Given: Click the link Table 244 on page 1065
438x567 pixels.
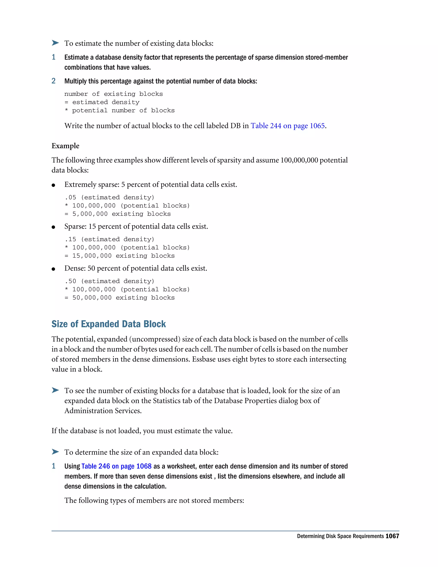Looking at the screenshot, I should click(x=287, y=126).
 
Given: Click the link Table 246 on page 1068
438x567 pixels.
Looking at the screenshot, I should click(x=116, y=466).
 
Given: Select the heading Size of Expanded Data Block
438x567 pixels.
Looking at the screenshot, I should click(x=108, y=324).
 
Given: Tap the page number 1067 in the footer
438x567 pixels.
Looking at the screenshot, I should click(x=392, y=536).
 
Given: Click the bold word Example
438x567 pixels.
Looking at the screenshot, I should click(x=65, y=146).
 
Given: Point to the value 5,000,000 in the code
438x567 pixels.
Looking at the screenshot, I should click(x=90, y=214).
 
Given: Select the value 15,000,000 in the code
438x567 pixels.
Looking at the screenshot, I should click(x=92, y=256).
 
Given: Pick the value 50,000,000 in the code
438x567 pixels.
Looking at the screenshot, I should click(x=92, y=298).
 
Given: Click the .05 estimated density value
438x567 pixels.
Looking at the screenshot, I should click(x=70, y=197).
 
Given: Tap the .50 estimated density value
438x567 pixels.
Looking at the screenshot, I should click(x=70, y=281).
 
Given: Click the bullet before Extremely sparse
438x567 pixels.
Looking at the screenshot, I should click(x=53, y=185).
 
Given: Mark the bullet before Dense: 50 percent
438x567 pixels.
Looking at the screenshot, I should click(x=53, y=269).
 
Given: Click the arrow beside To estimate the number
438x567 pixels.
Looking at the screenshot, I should click(x=55, y=43).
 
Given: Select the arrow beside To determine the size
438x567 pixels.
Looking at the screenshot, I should click(x=55, y=452).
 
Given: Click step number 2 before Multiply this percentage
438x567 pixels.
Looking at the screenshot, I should click(x=53, y=81).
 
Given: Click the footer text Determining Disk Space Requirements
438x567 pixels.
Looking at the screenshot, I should click(x=340, y=536).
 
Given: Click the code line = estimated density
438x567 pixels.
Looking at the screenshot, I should click(x=102, y=102).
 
